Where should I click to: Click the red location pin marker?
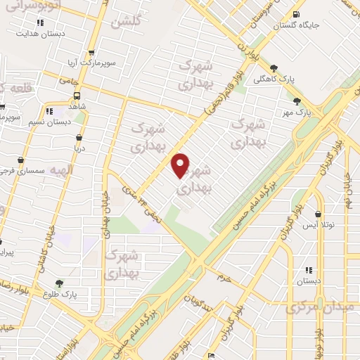point(181,165)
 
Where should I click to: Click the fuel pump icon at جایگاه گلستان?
point(293,15)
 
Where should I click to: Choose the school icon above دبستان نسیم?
point(49,111)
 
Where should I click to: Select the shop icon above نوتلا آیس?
point(319,214)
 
